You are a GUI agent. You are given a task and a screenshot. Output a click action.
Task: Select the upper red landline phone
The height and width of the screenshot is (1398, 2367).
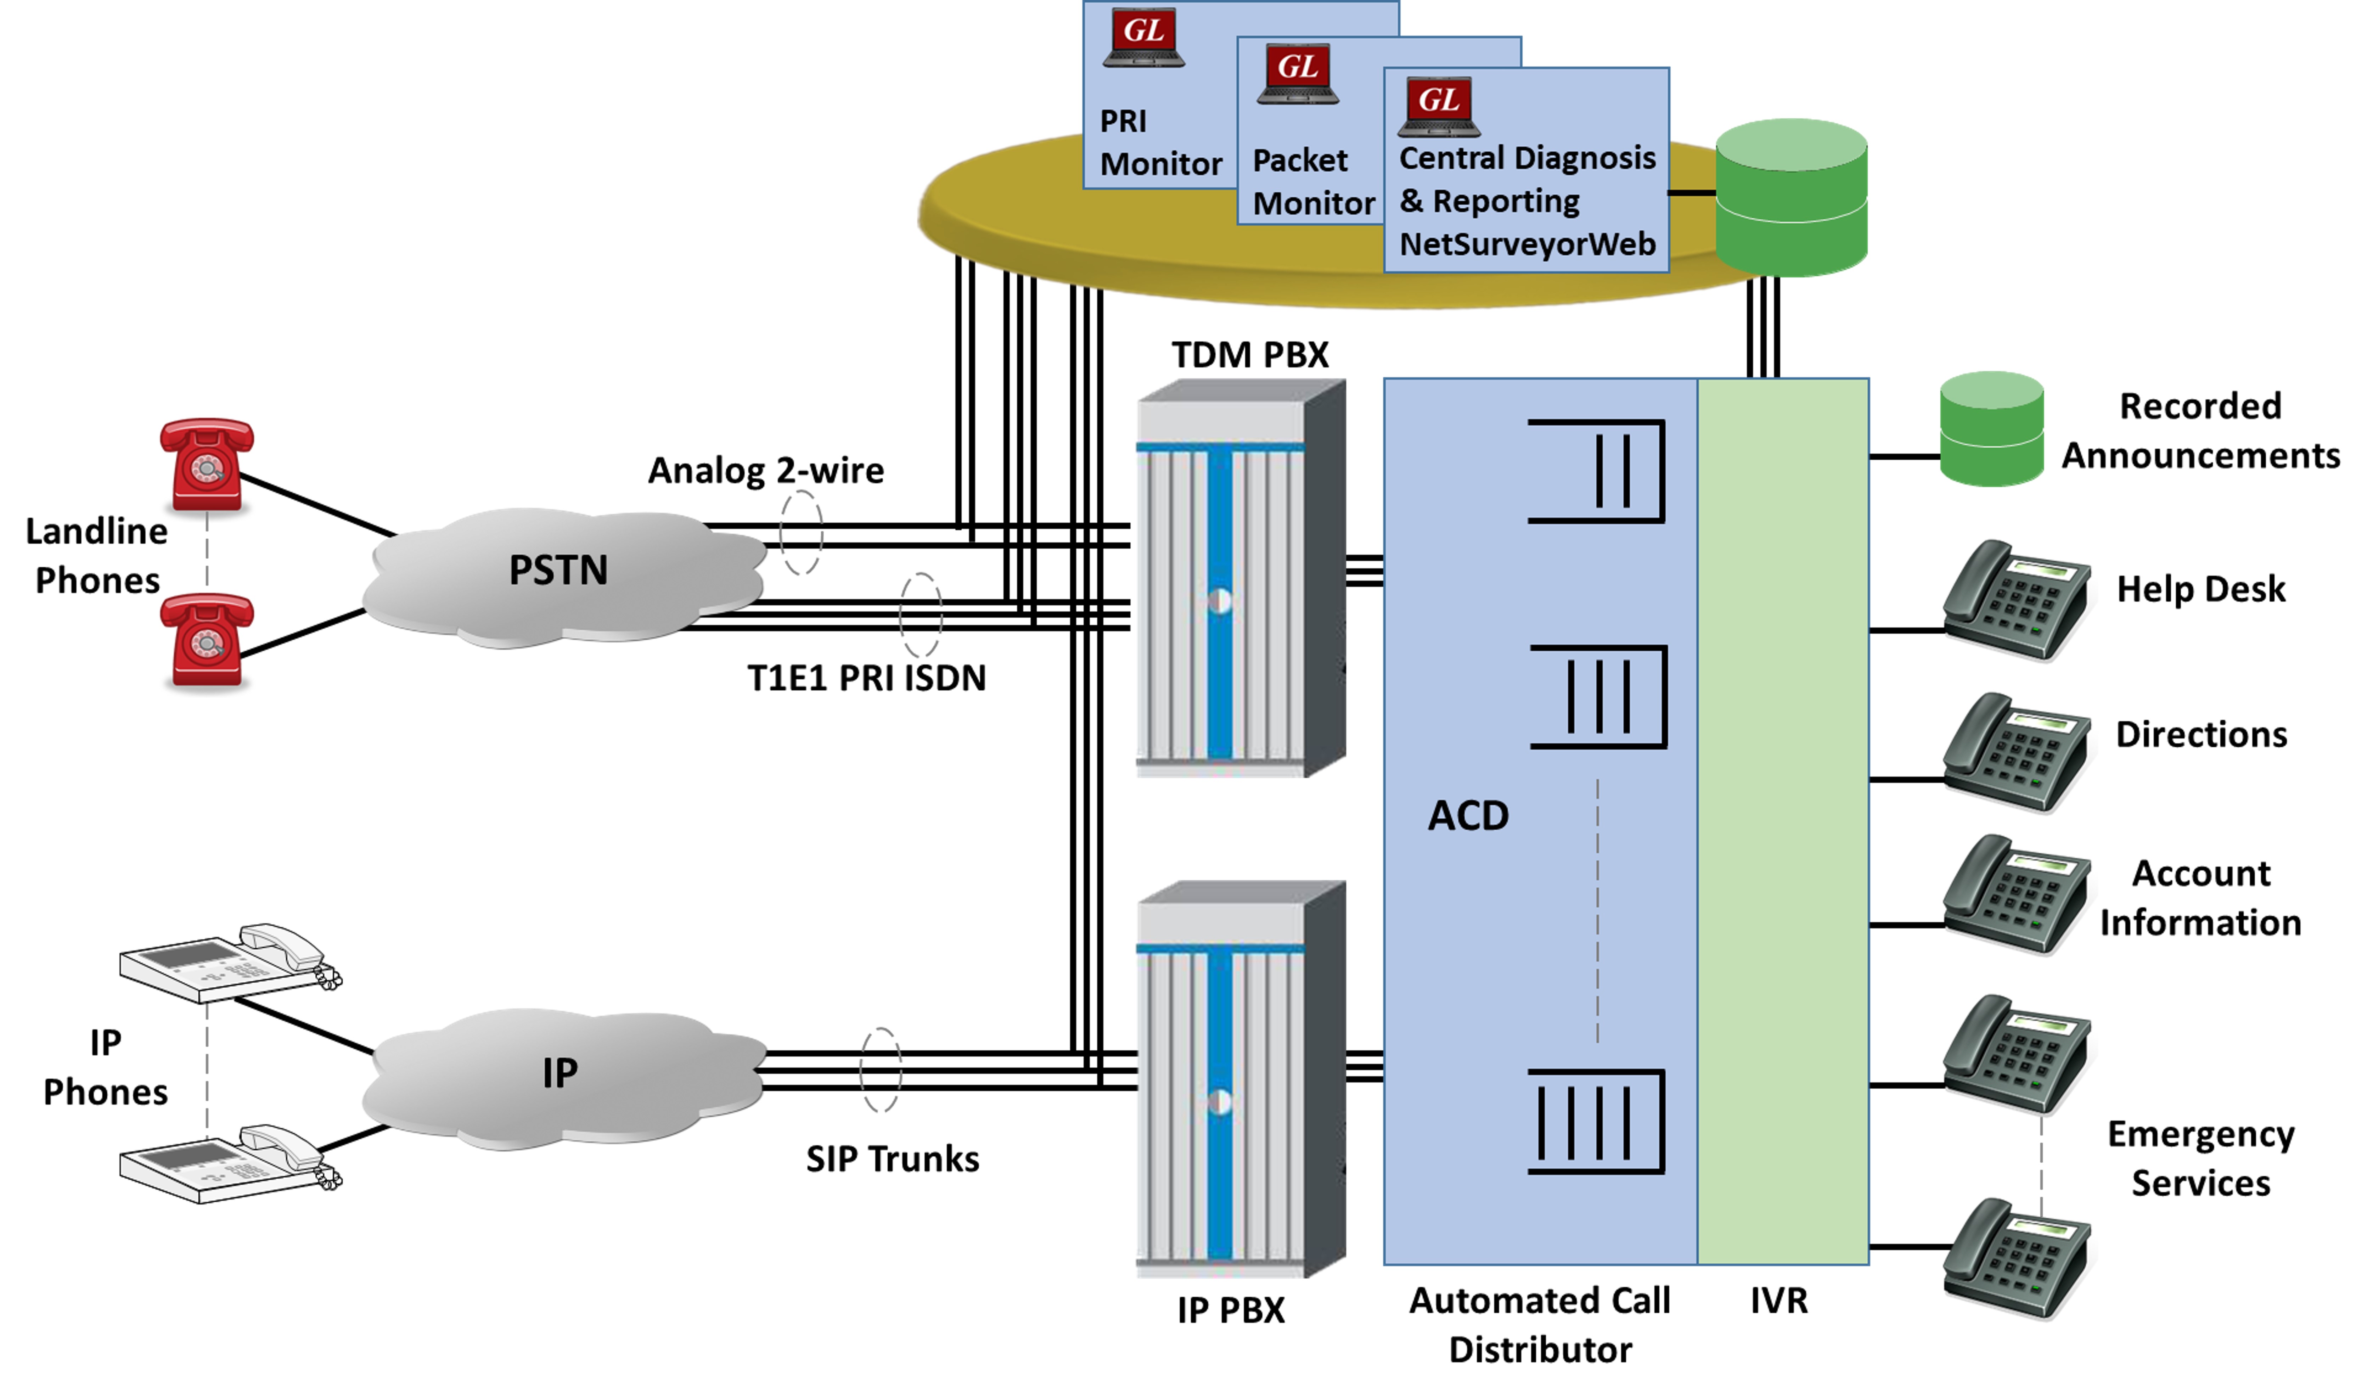pos(206,464)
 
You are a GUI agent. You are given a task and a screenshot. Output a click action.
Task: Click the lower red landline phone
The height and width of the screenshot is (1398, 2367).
pos(206,639)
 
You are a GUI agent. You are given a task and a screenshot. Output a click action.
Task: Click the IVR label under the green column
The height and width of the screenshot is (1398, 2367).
pos(1778,1301)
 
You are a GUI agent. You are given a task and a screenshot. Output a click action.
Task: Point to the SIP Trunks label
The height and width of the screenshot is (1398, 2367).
pos(892,1159)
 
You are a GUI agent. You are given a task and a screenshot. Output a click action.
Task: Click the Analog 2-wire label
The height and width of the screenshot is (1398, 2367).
pos(766,470)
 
